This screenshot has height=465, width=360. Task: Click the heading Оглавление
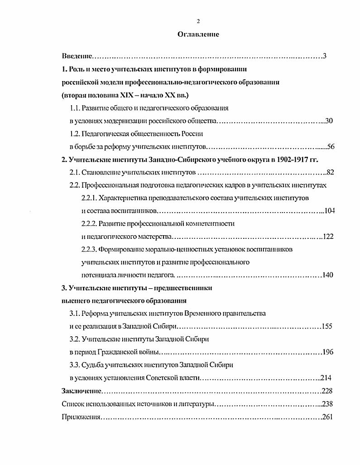(198, 34)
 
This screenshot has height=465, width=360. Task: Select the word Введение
(77, 56)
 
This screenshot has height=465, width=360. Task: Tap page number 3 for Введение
(325, 56)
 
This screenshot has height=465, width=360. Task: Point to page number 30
(329, 121)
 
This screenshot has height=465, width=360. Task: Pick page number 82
(330, 173)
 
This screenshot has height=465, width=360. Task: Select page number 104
(330, 211)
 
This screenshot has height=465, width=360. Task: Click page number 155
(327, 326)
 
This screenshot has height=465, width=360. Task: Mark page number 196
(327, 352)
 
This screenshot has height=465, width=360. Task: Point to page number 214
(326, 378)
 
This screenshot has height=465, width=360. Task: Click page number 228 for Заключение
(326, 391)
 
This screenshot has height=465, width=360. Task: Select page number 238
(327, 403)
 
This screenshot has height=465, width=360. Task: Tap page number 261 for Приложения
(327, 417)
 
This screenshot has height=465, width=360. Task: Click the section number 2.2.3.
(89, 250)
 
